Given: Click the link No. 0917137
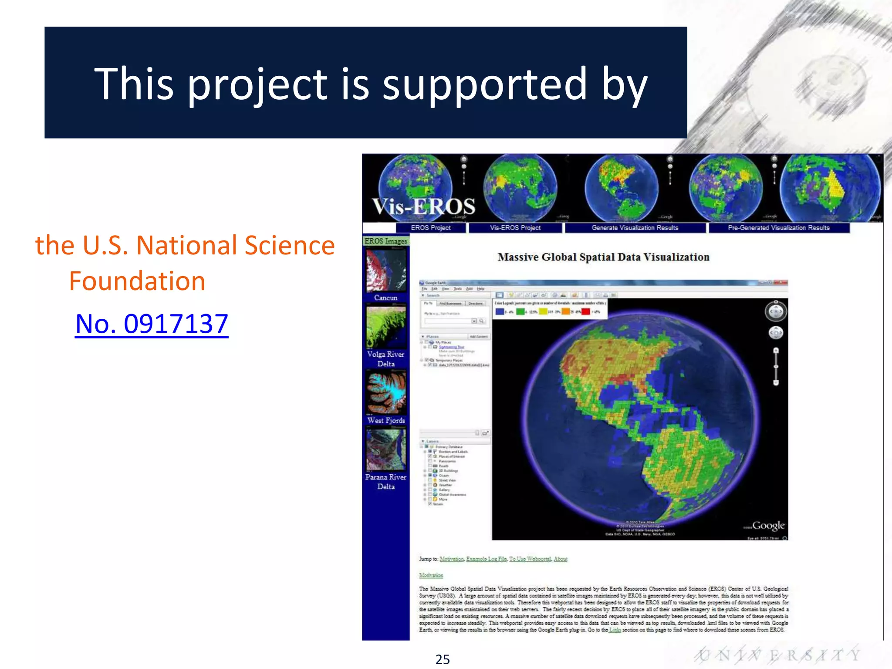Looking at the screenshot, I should coord(152,324).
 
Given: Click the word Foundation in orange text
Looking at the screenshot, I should coord(137,281).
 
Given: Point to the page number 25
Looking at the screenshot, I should coord(443,659).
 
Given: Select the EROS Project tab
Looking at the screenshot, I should coord(431,228).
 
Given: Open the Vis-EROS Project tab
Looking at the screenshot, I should coord(515,228).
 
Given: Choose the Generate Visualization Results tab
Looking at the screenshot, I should coord(635,228).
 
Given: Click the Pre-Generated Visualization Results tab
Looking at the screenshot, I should coord(779,228).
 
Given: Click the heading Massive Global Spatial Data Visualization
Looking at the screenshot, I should coord(603,257).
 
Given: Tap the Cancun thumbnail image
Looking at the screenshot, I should coord(386,270).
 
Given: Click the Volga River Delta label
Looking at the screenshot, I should coord(386,359).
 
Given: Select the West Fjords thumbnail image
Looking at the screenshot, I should coord(386,392).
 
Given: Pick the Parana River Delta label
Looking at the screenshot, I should coord(386,482).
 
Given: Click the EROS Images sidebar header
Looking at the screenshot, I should coord(386,241).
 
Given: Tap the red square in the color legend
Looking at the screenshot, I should coord(586,311).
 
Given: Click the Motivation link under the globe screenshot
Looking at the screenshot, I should coord(431,575).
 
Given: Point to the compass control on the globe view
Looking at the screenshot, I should coord(776,311).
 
